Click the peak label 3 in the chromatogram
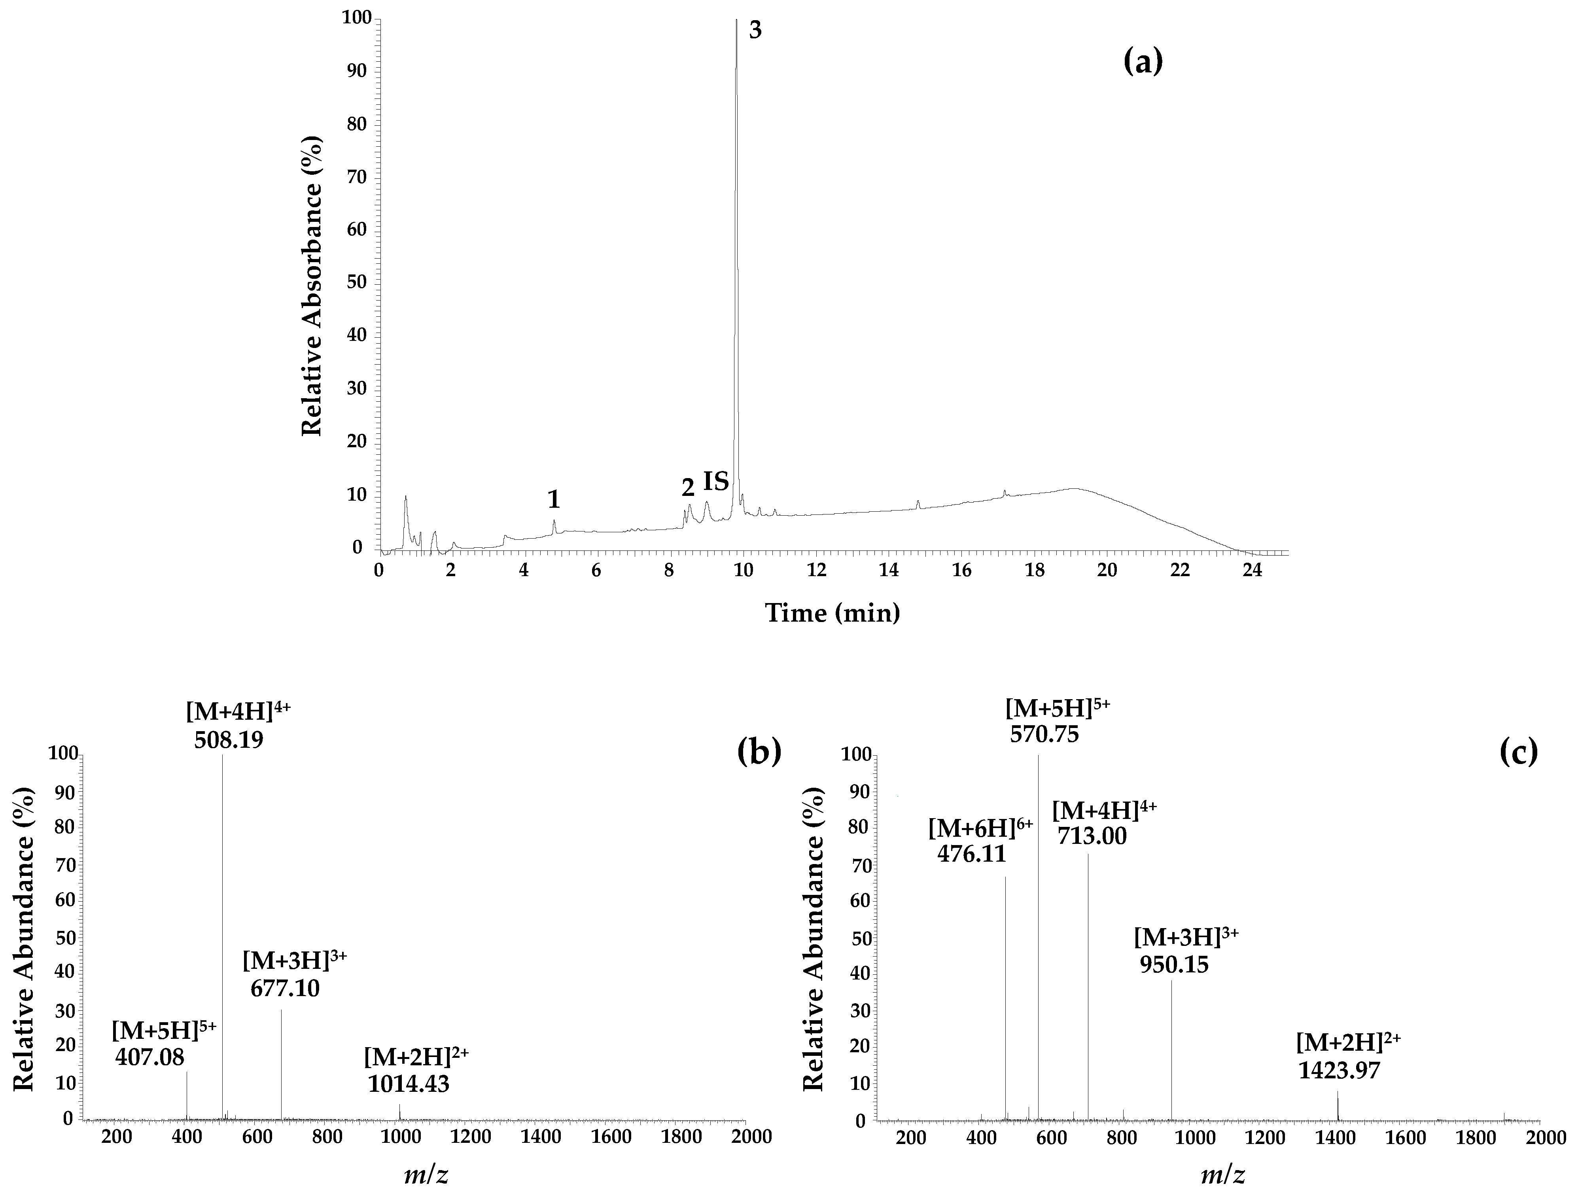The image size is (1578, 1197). tap(755, 31)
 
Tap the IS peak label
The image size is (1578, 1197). tap(716, 482)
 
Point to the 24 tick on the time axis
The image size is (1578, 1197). tap(1253, 571)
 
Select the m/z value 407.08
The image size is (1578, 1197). tap(150, 1057)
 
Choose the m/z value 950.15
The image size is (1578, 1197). tap(1174, 965)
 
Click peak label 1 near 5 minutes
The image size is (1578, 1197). tap(554, 500)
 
